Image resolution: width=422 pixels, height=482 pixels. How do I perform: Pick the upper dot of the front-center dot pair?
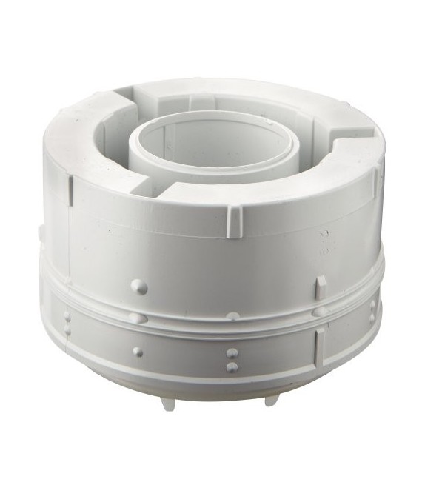(232, 353)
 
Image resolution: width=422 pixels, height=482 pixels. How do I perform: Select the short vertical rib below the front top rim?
(234, 221)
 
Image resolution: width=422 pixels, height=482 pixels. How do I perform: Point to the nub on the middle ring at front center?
(232, 316)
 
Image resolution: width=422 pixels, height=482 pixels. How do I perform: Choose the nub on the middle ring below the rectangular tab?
(320, 312)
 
